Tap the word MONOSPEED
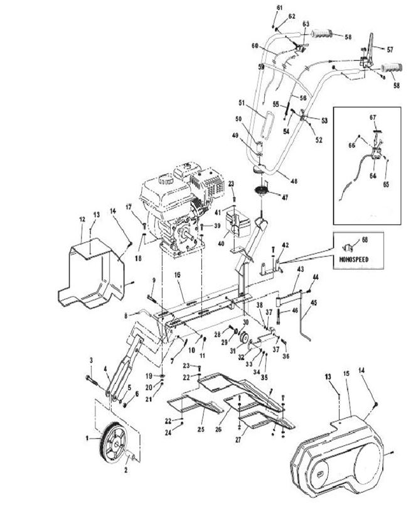click(350, 258)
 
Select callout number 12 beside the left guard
click(82, 219)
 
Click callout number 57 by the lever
click(390, 49)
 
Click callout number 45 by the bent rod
click(314, 303)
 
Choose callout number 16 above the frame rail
click(178, 275)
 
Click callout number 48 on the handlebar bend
click(275, 181)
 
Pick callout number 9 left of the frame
click(152, 280)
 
